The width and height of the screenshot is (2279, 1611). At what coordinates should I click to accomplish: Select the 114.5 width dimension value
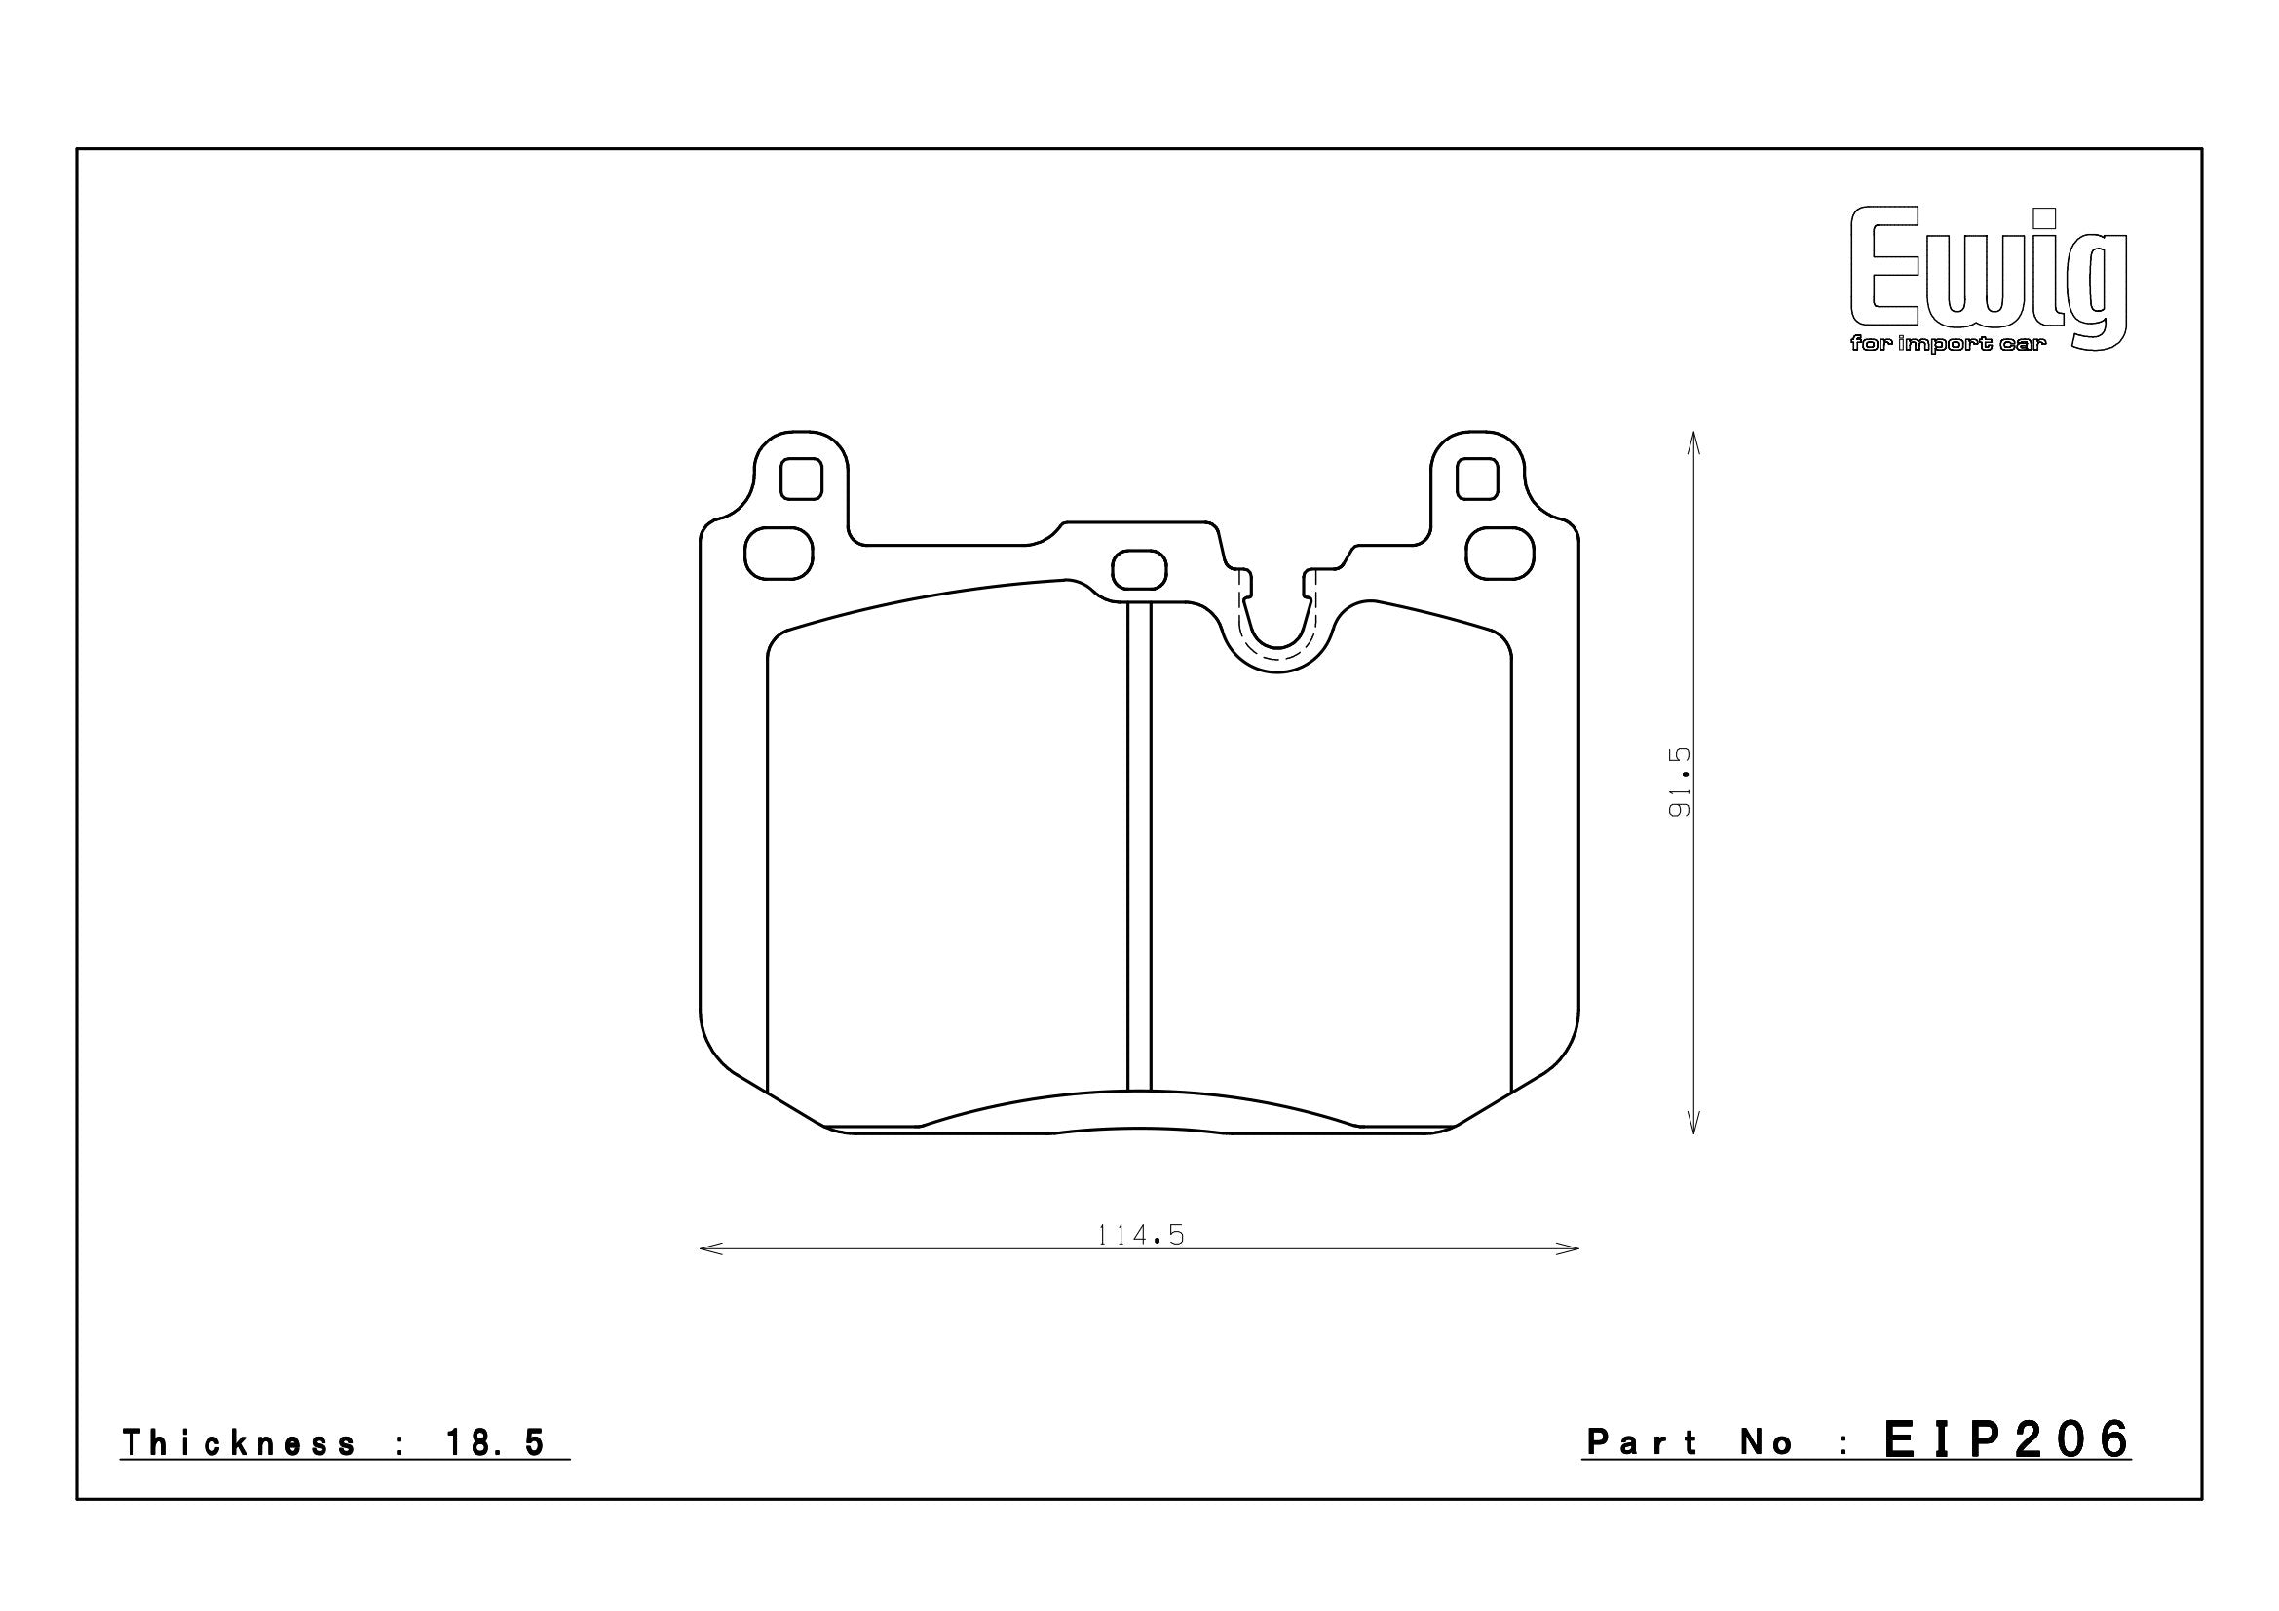(x=1142, y=1235)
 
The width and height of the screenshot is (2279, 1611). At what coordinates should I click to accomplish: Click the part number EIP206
(x=2007, y=1439)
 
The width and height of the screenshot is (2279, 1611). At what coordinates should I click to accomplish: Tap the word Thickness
(x=238, y=1443)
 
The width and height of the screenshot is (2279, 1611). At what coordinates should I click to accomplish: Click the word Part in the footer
(x=1643, y=1442)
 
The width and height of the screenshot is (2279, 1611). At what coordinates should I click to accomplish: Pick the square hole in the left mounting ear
(x=801, y=479)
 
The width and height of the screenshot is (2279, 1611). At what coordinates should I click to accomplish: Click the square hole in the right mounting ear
(x=1477, y=479)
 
